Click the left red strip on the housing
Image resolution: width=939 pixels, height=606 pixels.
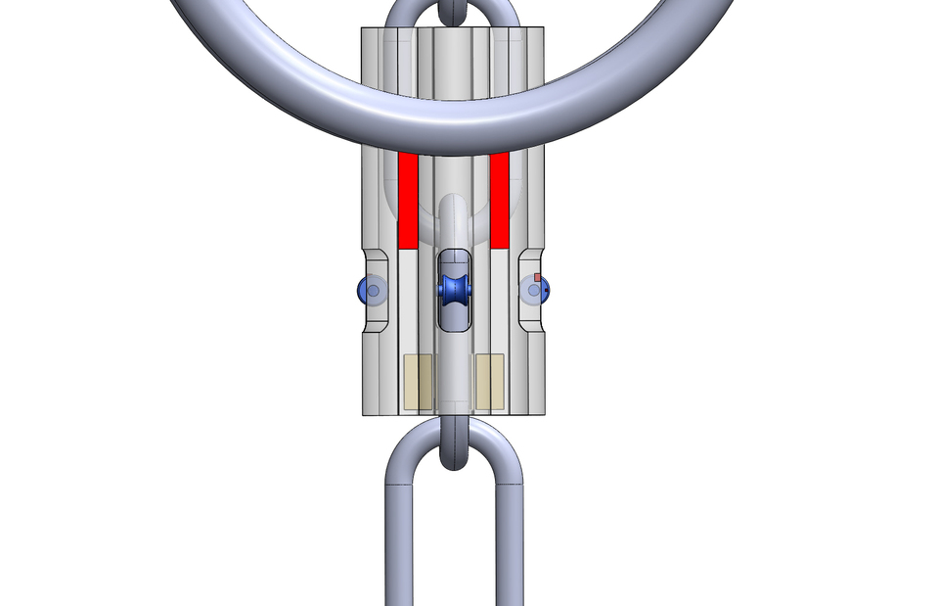point(408,201)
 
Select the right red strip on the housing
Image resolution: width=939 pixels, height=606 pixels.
point(500,201)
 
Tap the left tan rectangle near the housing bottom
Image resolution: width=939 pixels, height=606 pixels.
point(419,382)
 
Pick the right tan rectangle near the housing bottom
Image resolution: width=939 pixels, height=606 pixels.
point(489,382)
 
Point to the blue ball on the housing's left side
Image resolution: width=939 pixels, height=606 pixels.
point(370,290)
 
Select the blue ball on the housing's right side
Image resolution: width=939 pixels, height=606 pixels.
point(537,290)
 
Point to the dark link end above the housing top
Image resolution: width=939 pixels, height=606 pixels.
point(454,13)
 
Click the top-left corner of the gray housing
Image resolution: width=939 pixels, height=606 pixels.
point(363,29)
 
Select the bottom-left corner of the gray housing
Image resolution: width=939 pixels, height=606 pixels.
point(364,414)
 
